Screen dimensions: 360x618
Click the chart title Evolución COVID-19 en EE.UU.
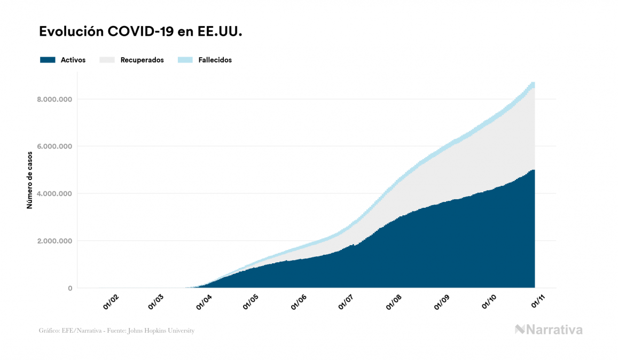point(141,32)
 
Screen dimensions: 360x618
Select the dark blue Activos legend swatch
point(48,60)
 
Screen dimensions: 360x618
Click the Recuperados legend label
point(142,60)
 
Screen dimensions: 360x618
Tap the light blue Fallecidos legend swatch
point(185,60)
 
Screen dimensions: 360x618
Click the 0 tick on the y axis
point(70,288)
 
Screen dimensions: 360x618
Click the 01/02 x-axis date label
point(111,302)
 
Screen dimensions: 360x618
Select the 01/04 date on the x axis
point(204,302)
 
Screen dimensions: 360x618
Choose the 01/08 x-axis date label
point(395,302)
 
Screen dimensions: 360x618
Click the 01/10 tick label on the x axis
point(489,302)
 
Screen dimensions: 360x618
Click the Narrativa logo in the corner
point(549,330)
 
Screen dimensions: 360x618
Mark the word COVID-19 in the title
point(140,32)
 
